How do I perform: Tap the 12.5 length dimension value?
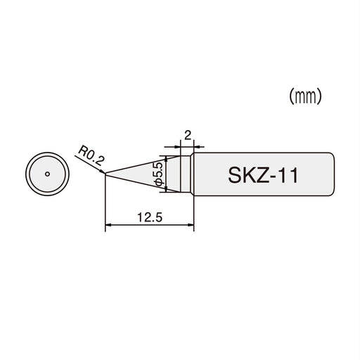click(x=149, y=217)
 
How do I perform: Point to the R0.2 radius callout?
click(x=91, y=151)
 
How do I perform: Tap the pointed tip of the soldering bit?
click(x=105, y=174)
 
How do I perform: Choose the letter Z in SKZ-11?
click(x=261, y=174)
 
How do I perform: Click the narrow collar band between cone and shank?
click(x=187, y=174)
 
